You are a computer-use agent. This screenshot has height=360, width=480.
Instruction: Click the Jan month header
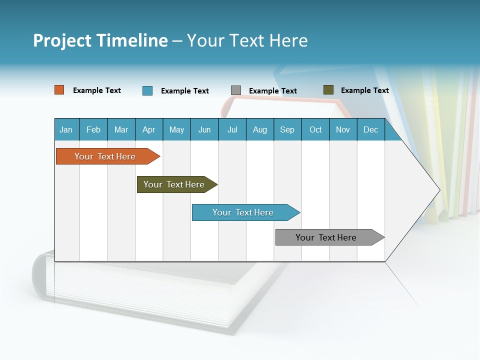point(66,129)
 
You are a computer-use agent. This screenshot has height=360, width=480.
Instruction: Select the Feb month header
point(93,129)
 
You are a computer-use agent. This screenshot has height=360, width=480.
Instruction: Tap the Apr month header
point(148,129)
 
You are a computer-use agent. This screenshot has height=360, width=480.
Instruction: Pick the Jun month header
point(204,129)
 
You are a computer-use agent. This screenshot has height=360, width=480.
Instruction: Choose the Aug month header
point(259,129)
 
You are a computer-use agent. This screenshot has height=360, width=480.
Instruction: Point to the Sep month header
point(287,129)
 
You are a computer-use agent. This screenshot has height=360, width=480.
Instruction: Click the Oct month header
point(315,129)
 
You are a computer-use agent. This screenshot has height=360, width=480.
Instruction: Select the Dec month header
point(370,129)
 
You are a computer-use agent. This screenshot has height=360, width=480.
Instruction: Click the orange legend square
point(59,90)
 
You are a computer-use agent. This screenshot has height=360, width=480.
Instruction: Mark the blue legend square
point(147,90)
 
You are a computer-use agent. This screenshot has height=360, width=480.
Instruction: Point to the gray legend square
point(236,90)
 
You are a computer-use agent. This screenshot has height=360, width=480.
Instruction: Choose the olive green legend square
point(328,90)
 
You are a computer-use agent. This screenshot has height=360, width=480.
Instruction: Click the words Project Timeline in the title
point(100,40)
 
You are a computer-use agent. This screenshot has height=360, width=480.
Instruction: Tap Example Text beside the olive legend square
point(364,90)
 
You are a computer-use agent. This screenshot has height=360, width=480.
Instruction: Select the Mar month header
point(121,129)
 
